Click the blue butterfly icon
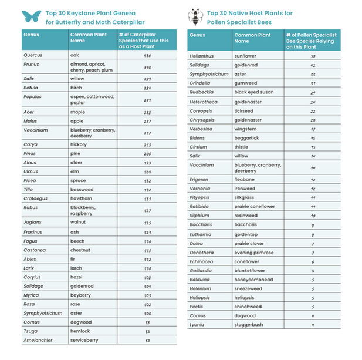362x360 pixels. coord(30,16)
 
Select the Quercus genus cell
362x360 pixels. coord(32,55)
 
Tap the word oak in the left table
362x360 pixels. coord(74,55)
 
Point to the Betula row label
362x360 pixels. coord(31,88)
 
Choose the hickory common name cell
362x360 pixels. coord(79,144)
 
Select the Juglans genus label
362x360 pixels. coord(32,222)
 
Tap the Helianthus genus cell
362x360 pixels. coord(201,56)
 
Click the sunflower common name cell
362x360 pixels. coord(245,56)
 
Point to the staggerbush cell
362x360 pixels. coord(249,324)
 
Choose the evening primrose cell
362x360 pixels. coord(253,253)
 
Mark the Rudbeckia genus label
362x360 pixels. coord(201,92)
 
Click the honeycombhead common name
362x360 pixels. coord(253,280)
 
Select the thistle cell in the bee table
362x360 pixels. coord(241,147)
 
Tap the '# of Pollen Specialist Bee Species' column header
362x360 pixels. coord(311,41)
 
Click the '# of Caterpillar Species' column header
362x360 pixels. coord(144,41)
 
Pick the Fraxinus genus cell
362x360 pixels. coord(33,232)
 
